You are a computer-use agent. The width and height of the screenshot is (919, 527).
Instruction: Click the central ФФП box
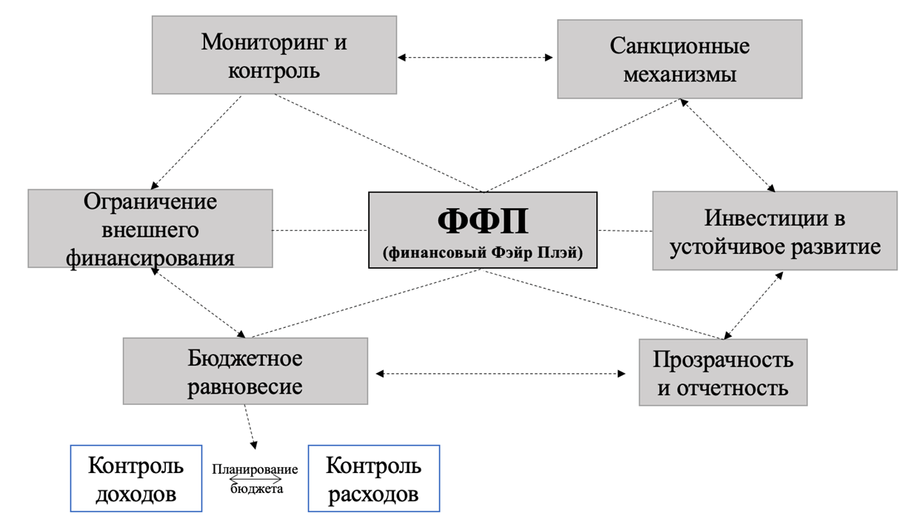click(x=482, y=230)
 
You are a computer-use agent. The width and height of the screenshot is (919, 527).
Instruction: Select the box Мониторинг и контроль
click(x=274, y=56)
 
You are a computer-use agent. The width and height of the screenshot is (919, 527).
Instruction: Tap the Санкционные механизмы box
click(x=679, y=59)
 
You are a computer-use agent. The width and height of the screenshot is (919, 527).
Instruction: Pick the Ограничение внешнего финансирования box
click(x=150, y=229)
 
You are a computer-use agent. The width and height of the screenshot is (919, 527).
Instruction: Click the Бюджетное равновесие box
click(x=245, y=371)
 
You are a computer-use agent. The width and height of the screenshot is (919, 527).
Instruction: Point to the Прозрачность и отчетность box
click(x=722, y=372)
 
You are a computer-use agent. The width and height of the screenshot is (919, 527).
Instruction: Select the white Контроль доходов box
click(x=136, y=478)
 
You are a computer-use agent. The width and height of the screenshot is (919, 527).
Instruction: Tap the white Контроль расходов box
click(x=373, y=478)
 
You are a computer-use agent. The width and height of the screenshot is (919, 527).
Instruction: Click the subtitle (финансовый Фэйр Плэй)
click(x=482, y=253)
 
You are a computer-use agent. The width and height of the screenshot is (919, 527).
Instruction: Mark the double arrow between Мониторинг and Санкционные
click(x=476, y=56)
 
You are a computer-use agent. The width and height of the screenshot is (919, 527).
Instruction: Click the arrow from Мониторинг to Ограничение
click(x=196, y=141)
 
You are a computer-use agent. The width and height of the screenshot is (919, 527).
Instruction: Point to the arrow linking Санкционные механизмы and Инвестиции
click(x=727, y=145)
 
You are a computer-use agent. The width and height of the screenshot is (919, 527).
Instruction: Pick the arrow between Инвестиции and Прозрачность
click(x=753, y=305)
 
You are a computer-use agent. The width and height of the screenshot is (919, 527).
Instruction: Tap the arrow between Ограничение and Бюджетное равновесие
click(x=198, y=303)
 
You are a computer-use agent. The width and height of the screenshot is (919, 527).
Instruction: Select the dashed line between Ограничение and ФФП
click(x=320, y=231)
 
